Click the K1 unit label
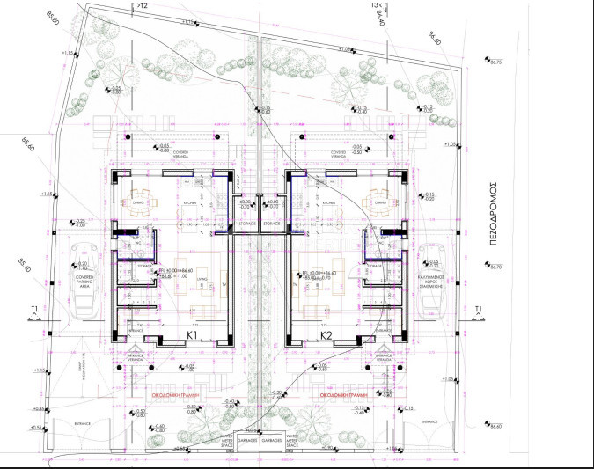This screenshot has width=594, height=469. (191, 335)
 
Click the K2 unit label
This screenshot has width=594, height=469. (326, 335)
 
